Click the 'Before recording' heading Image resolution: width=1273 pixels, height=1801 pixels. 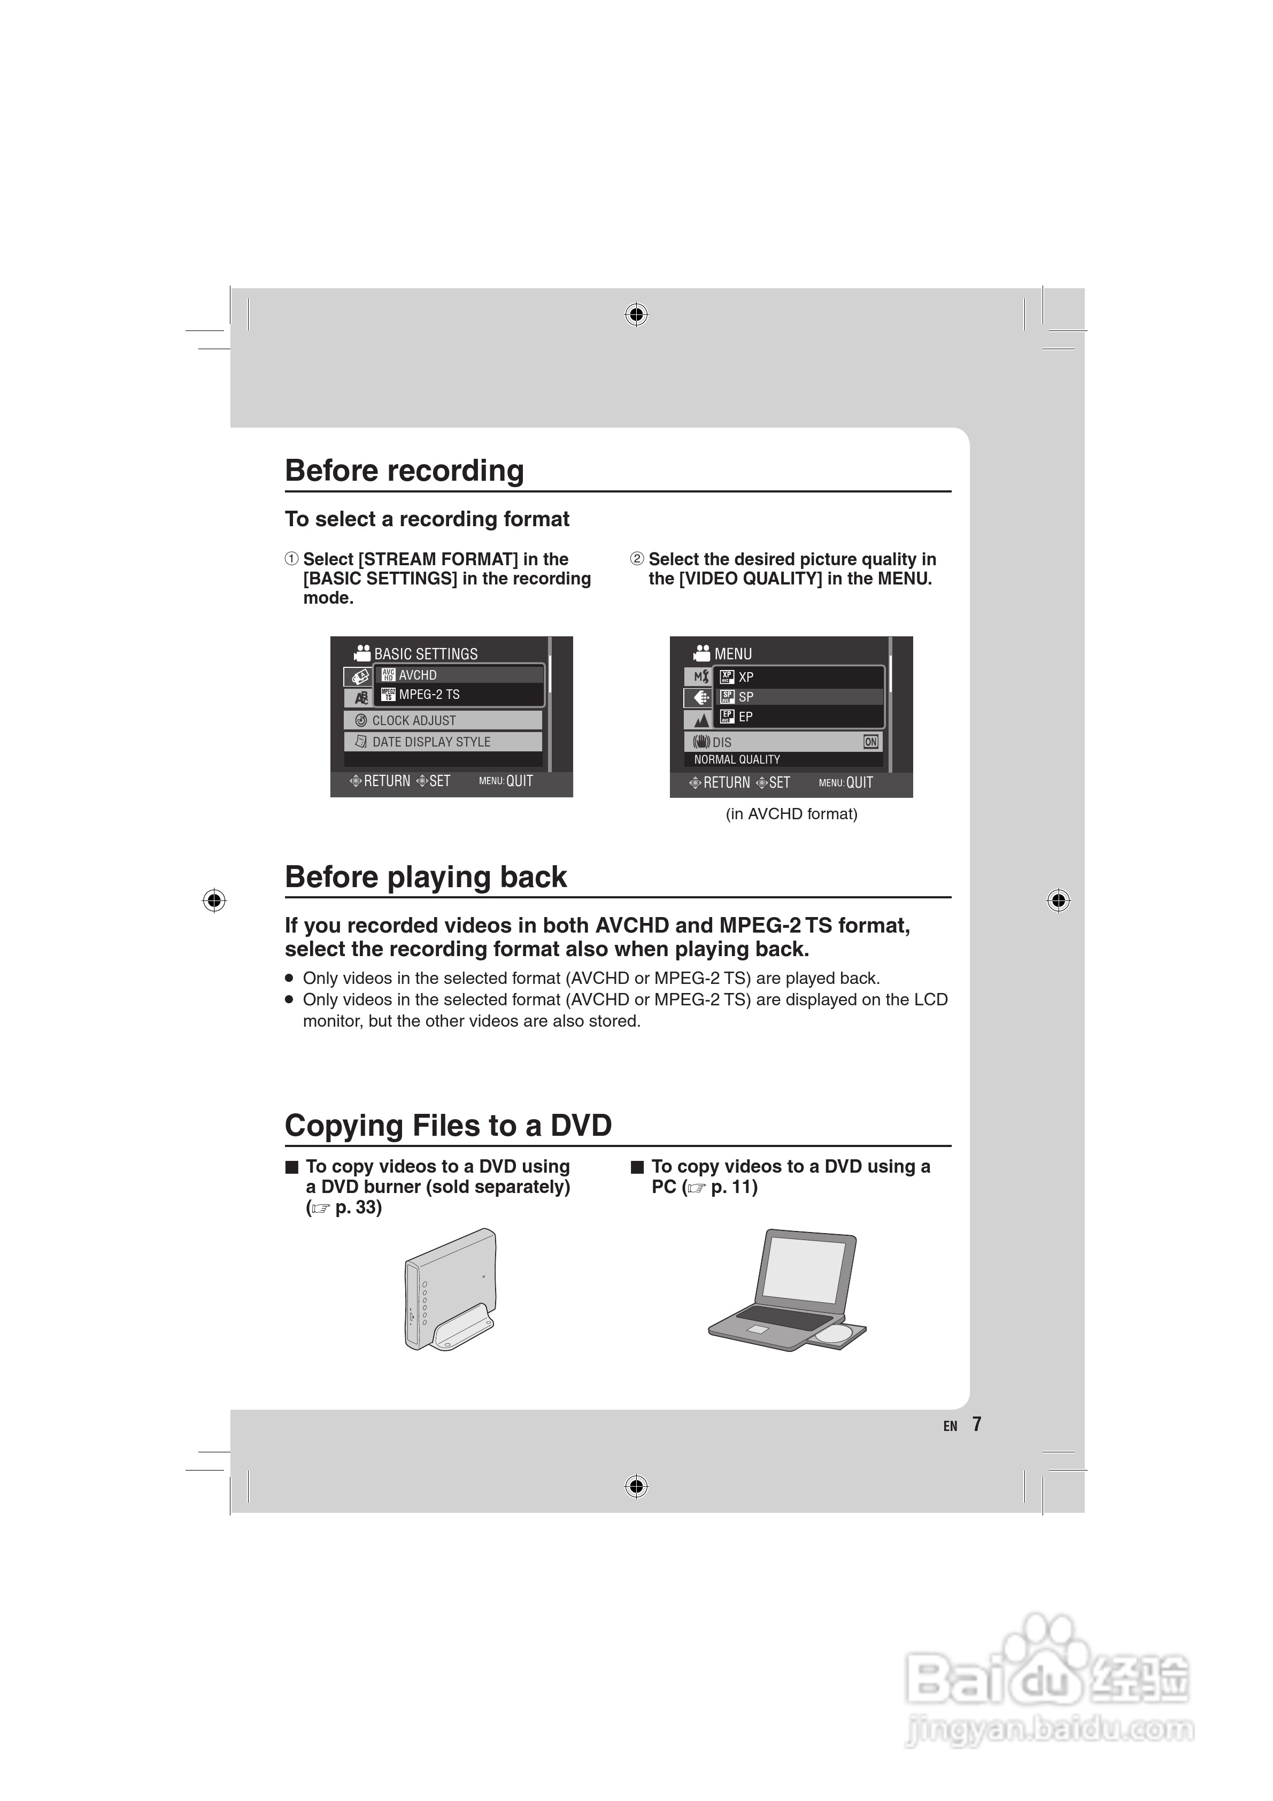(x=404, y=471)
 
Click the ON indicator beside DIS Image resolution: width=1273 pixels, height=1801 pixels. (x=870, y=741)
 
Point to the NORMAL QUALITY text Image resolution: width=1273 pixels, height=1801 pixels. (x=737, y=759)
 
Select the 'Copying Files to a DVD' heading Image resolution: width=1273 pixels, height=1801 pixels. (x=448, y=1125)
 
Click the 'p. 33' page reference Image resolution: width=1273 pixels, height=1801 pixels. (x=358, y=1207)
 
